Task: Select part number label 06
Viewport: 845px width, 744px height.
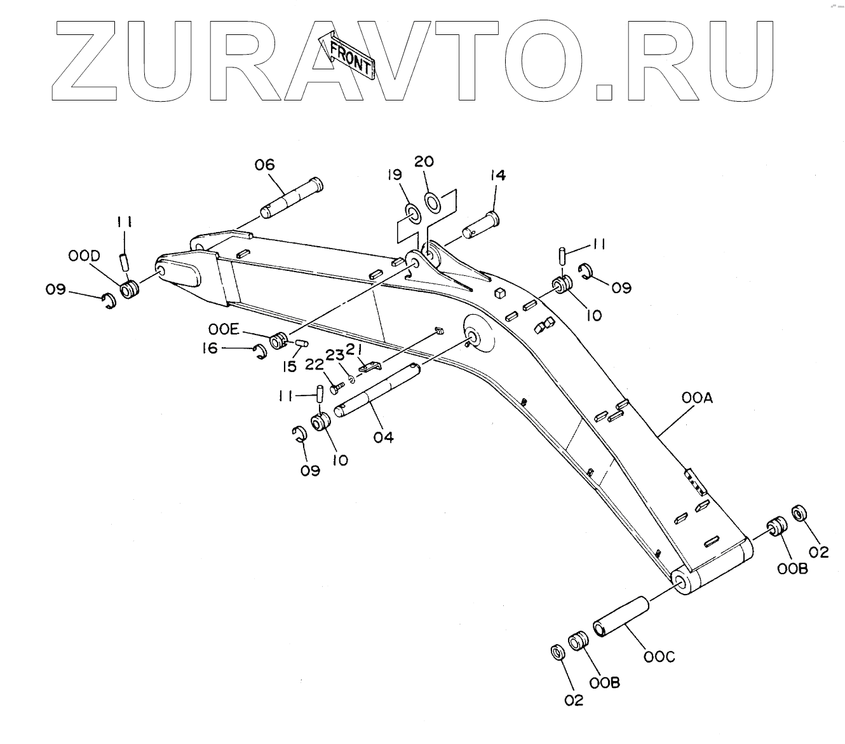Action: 265,165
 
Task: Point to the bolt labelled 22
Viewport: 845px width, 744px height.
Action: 334,387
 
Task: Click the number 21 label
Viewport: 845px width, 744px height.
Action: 353,349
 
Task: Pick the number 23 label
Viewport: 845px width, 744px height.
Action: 335,354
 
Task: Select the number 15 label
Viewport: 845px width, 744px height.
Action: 289,367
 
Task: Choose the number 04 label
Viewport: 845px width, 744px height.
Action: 383,437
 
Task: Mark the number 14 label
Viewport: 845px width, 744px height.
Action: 497,176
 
